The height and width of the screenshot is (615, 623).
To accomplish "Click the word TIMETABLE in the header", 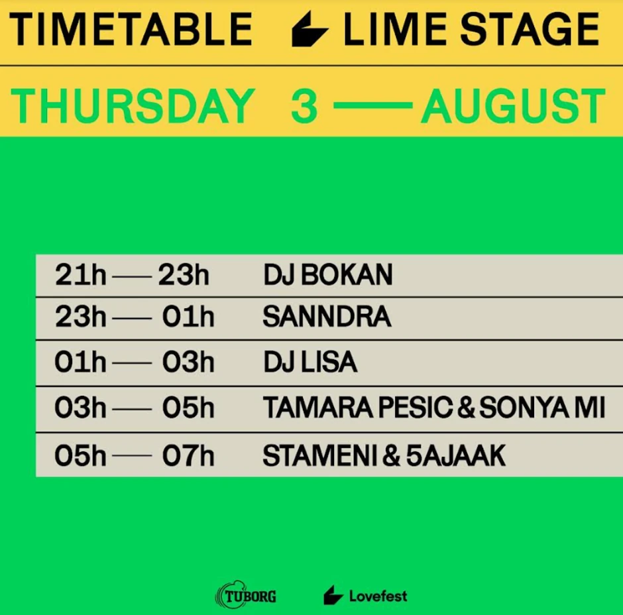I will point(131,30).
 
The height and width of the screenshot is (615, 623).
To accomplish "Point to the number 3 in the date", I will point(304,106).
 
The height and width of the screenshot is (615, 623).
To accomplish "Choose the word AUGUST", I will point(513,106).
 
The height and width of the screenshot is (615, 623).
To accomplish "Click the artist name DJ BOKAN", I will point(327,275).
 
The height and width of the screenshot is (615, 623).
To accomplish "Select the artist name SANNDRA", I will point(327,318).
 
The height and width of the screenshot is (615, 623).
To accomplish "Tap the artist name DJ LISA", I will point(310,363).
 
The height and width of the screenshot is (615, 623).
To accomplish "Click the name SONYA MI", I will point(542,408).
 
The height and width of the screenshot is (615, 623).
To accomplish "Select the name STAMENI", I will point(320,455).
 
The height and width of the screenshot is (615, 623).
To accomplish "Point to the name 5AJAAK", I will point(456,455).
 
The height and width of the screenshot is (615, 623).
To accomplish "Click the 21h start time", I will point(80,275).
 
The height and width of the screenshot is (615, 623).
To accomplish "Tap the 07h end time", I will point(188,455).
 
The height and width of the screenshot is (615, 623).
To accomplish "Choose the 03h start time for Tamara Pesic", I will point(80,408).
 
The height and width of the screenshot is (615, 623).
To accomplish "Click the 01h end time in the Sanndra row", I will point(188,318).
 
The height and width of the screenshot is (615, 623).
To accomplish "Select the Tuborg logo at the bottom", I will point(246,596).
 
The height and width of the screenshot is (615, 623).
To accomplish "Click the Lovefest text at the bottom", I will point(378,596).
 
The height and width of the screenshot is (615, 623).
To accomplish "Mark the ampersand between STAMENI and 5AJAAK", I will point(392,455).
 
